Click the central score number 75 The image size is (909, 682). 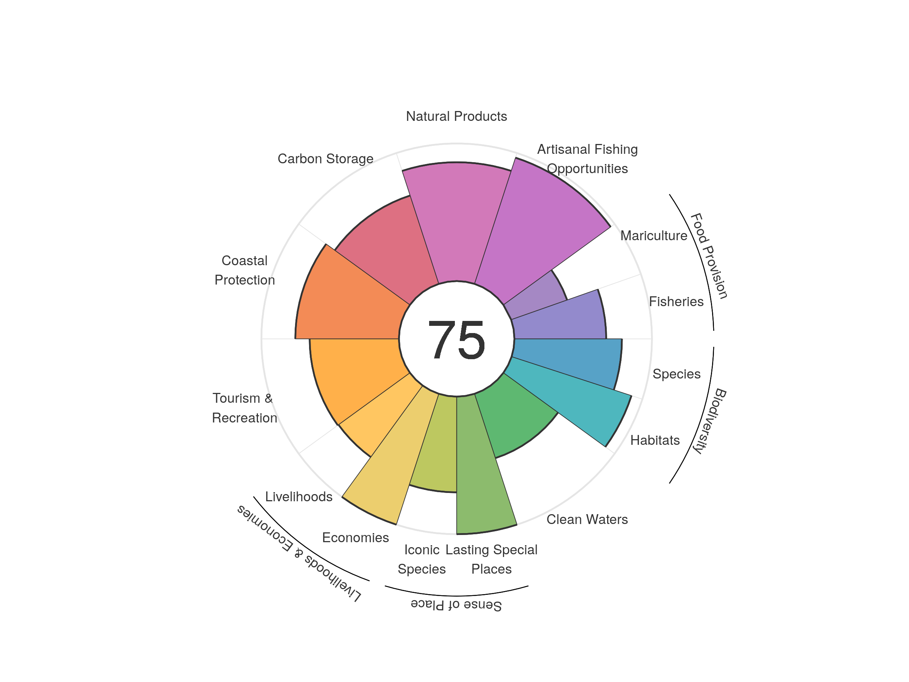(456, 340)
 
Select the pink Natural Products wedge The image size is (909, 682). (456, 222)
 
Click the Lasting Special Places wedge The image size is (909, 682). (481, 465)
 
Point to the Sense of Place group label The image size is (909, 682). (456, 605)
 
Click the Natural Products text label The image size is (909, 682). (456, 116)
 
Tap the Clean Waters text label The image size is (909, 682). (587, 519)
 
